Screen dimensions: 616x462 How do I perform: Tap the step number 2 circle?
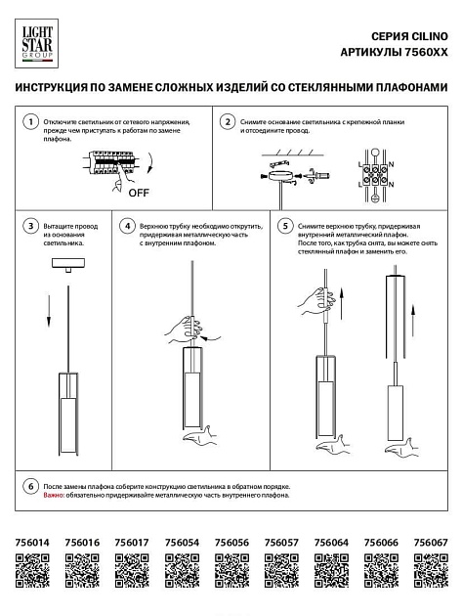tap(227, 122)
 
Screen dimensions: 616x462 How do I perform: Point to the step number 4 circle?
tap(126, 225)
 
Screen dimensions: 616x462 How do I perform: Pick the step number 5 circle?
tap(285, 225)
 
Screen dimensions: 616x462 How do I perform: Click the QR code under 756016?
tap(82, 568)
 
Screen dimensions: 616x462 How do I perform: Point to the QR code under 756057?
tap(280, 568)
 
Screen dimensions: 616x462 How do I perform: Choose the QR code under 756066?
tap(380, 568)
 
